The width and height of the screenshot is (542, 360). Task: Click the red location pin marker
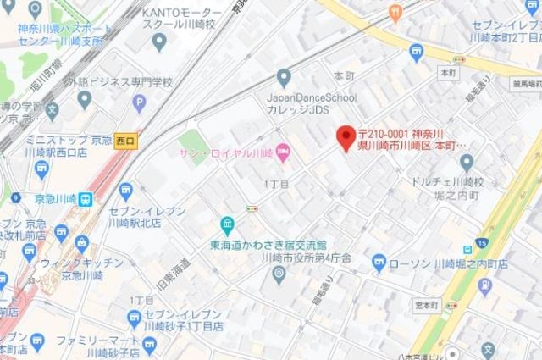345,137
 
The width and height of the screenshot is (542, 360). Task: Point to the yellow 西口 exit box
126,140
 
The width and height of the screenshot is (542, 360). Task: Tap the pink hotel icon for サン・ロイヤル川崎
283,152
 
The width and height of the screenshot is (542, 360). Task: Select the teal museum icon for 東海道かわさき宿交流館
228,225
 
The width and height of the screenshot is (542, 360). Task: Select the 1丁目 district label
277,183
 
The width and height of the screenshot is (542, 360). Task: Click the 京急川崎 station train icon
86,198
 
